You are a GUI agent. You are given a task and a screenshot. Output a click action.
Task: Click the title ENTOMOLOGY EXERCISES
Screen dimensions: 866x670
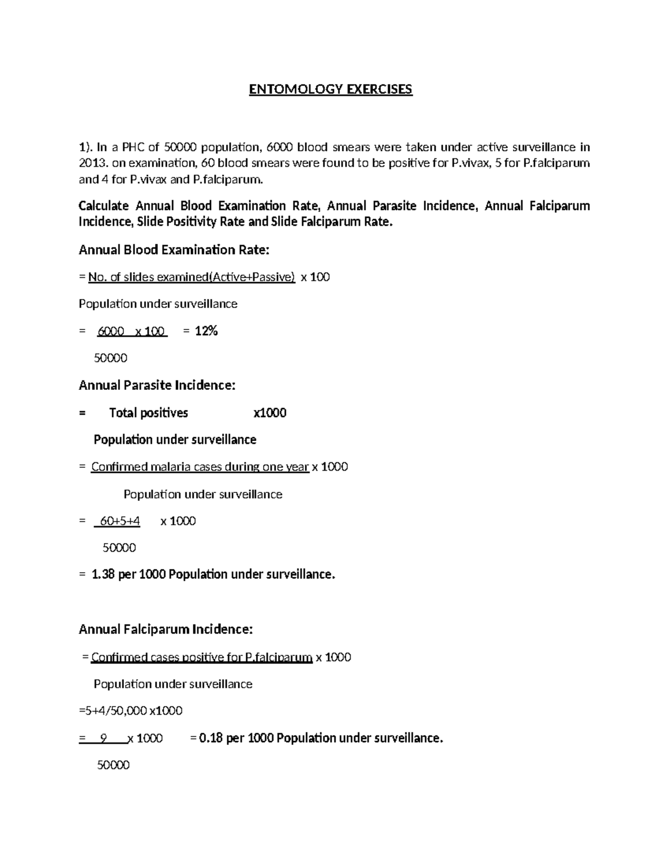331,89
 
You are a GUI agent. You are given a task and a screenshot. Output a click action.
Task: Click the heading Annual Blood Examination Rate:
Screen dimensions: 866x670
174,250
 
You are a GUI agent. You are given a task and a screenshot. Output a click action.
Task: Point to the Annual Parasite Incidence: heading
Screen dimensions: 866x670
157,385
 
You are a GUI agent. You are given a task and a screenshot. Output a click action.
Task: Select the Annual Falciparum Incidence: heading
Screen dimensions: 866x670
166,630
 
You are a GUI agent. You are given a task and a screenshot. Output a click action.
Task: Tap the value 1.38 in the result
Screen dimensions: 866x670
103,574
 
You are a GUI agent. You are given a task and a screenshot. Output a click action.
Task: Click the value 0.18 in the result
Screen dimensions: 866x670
210,738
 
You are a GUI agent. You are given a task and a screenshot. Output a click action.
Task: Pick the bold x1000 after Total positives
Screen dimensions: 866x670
270,413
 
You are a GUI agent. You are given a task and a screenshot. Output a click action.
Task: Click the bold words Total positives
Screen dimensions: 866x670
149,413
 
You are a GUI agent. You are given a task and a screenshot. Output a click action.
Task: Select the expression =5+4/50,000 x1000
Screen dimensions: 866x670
131,711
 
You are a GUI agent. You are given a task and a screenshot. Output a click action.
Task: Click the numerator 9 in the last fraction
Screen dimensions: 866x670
103,738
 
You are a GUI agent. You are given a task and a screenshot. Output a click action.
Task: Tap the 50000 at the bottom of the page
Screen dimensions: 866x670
113,766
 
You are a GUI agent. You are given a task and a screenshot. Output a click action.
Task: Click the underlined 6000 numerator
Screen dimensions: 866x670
111,331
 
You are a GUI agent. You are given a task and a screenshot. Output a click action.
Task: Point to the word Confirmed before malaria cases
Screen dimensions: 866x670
118,467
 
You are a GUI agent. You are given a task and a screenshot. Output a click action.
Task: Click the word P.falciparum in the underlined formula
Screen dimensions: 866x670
279,657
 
